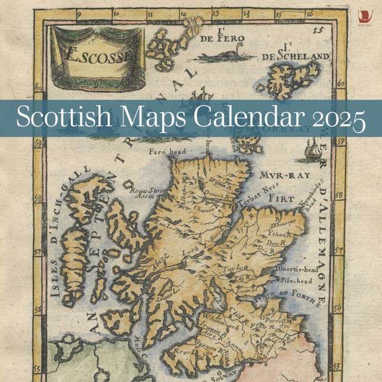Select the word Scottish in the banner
point(62,117)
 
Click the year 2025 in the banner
point(338,118)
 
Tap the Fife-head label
point(294,280)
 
